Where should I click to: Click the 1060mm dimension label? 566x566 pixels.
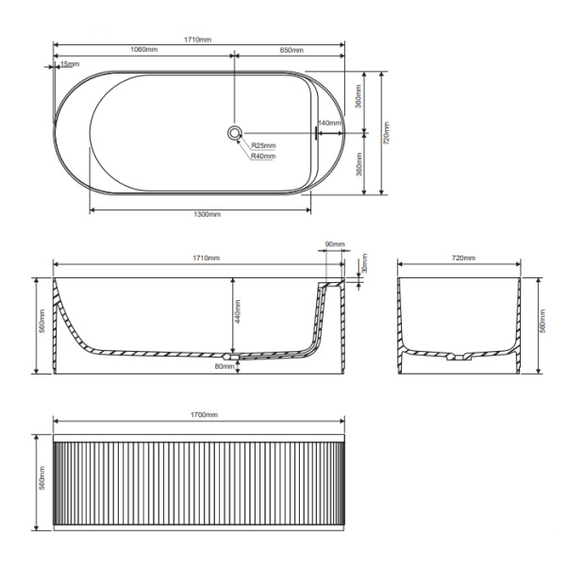pos(143,50)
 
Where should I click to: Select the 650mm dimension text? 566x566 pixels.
pos(291,50)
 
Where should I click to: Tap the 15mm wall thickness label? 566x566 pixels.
pos(70,64)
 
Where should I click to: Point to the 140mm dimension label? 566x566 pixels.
pos(329,124)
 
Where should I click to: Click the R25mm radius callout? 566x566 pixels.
pos(263,145)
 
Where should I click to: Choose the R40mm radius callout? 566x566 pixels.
pos(263,157)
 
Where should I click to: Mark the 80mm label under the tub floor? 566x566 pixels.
pos(225,366)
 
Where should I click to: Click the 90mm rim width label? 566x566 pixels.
pos(334,244)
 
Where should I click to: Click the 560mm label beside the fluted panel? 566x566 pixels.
pos(41,483)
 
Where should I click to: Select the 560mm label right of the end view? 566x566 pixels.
pos(544,324)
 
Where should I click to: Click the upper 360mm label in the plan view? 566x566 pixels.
pos(358,100)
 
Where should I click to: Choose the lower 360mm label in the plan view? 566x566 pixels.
pos(358,166)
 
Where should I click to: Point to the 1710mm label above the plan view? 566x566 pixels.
pos(198,40)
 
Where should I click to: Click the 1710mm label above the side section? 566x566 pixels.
pos(206,258)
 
